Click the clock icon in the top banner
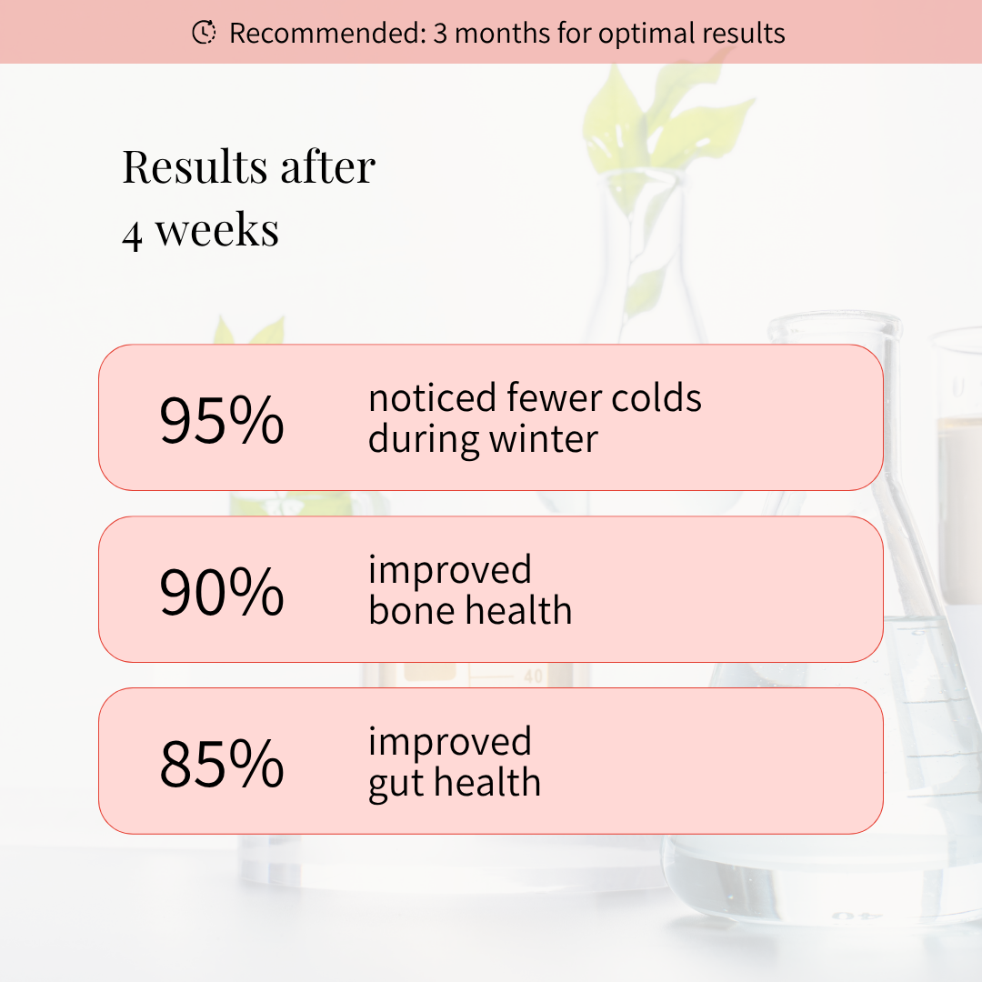click(204, 32)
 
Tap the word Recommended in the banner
click(327, 34)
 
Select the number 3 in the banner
click(440, 34)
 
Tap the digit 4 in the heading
click(132, 235)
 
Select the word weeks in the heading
click(216, 230)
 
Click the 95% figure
click(222, 419)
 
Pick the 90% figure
click(222, 592)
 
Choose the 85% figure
click(222, 764)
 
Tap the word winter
click(544, 439)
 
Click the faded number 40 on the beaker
click(533, 676)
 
